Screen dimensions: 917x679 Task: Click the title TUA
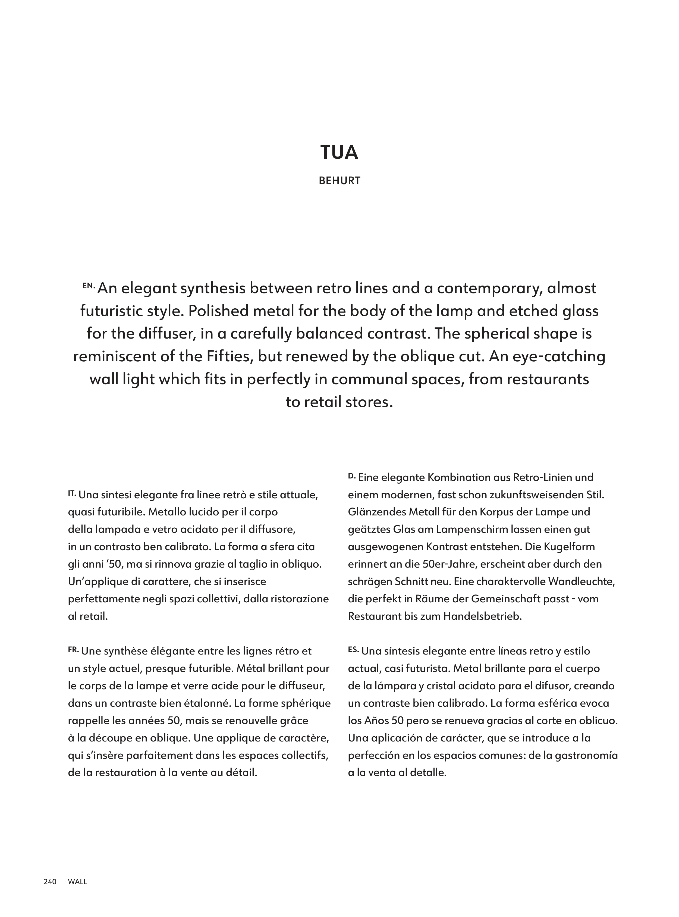(339, 152)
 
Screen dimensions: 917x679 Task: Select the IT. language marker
(72, 492)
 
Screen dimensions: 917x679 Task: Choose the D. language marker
(351, 475)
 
